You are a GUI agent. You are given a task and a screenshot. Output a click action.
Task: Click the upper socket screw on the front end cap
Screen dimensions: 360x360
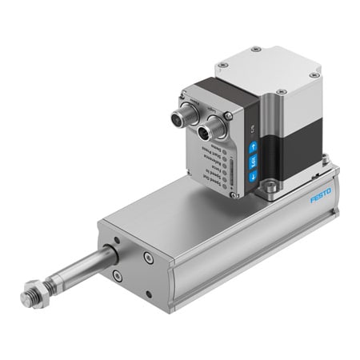(x=148, y=257)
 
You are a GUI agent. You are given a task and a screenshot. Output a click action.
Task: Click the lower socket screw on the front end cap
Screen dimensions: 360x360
(x=118, y=275)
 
